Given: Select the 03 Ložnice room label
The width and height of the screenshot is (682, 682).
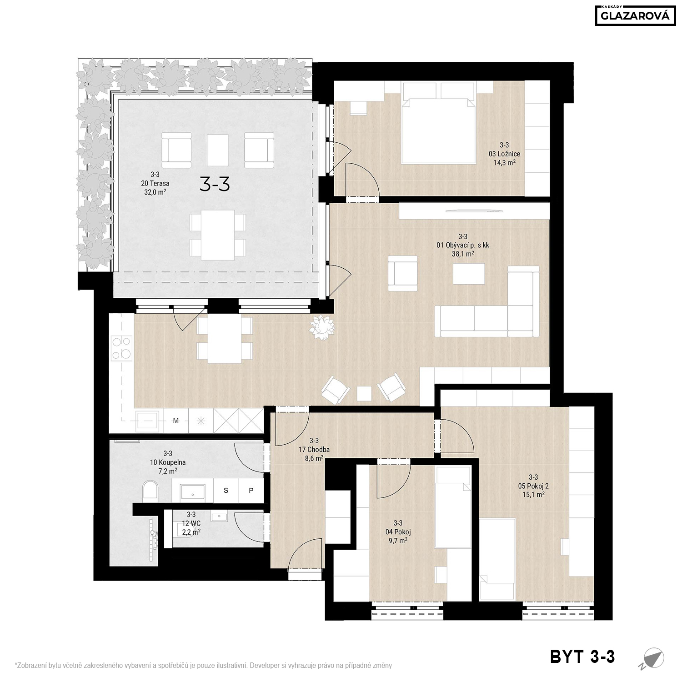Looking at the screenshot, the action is [504, 154].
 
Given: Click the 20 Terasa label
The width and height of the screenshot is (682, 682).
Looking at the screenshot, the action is [155, 183].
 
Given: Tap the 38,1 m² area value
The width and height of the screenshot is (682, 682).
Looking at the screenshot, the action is [463, 254].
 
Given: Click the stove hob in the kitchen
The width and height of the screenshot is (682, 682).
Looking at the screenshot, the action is [121, 347].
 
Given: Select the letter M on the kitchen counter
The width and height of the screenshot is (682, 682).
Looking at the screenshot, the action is [176, 421].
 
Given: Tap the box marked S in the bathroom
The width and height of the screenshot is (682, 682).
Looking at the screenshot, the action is [226, 490].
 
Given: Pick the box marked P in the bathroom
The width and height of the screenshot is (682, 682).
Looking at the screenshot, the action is [251, 490].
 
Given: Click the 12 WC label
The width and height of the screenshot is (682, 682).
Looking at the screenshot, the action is [191, 523].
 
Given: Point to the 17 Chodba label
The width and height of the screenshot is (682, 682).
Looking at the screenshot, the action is [314, 450].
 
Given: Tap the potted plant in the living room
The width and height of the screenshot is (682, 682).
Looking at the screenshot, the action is [322, 325].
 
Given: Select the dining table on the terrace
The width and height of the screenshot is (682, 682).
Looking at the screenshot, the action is [218, 234].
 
